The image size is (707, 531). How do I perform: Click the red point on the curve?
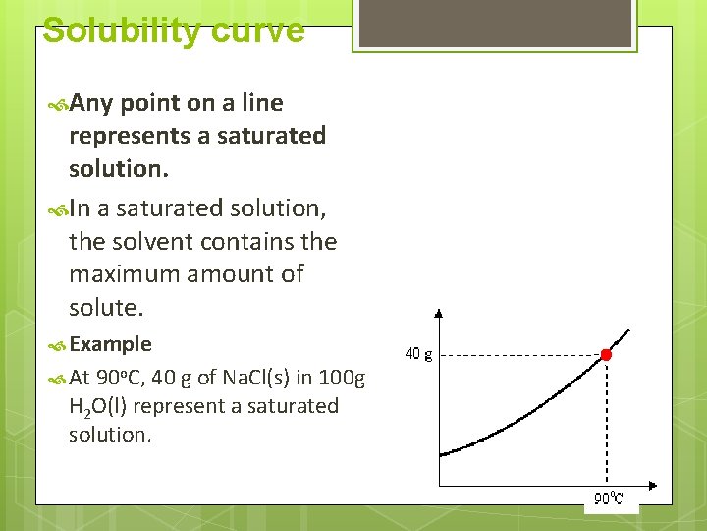606,354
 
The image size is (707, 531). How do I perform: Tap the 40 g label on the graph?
418,354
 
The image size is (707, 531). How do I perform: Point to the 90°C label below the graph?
609,499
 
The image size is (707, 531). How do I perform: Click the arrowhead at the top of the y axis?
439,315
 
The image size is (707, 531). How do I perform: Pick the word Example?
111,344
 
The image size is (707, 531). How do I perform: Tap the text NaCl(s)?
257,378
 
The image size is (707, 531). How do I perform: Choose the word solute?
105,308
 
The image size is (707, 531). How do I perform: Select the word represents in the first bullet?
130,136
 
